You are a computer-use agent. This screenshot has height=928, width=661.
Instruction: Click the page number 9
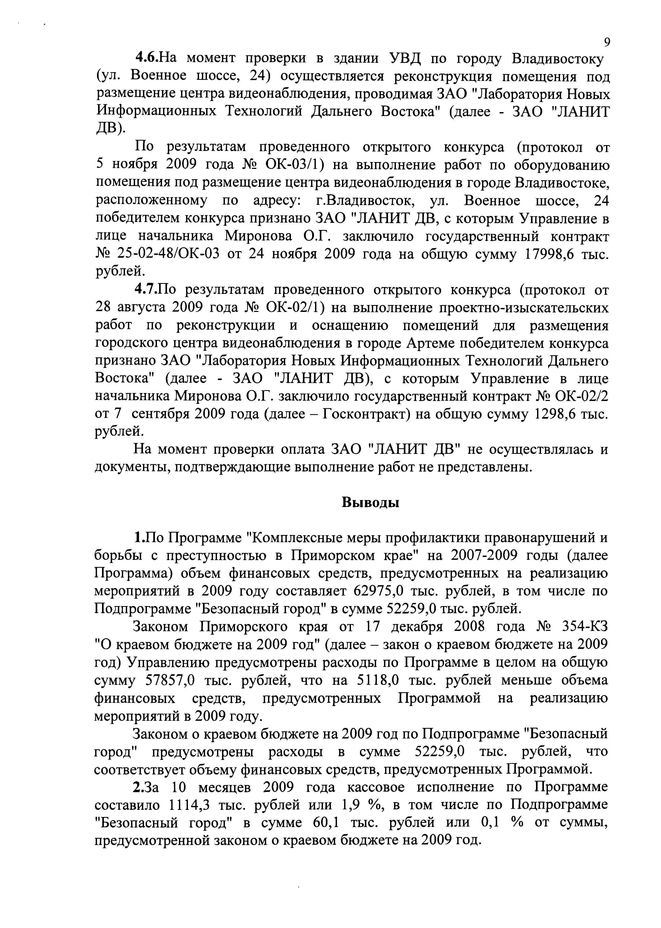[607, 42]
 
